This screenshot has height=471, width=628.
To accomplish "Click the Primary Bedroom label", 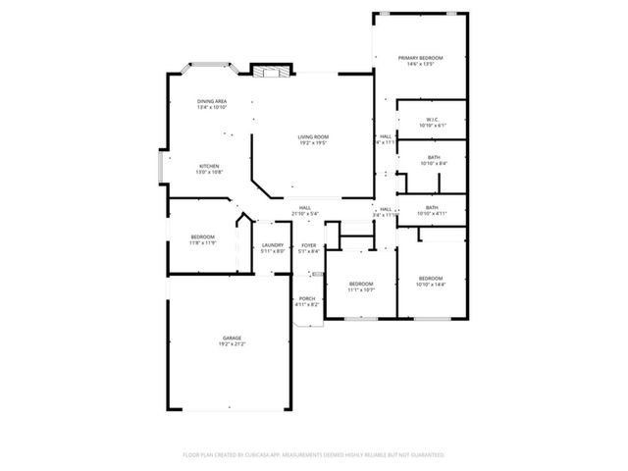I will tap(420, 58).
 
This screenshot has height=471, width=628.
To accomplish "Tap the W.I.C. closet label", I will tap(432, 120).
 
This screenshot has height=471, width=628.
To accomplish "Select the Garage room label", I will tap(232, 339).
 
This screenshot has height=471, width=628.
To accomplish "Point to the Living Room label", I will tap(313, 136).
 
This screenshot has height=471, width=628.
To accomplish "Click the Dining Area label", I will tap(212, 101).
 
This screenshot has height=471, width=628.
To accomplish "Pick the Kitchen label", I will tap(210, 166).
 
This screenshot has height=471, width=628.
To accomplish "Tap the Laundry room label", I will tap(273, 245).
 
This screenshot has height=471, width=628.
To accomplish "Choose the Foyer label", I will tap(309, 245).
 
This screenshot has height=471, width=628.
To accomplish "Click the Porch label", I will tap(307, 298).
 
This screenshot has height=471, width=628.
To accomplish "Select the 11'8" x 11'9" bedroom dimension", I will tap(202, 242).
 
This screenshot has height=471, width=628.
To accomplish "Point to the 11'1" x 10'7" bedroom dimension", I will tap(362, 290).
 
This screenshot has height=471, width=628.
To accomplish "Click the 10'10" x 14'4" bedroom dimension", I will tap(431, 285).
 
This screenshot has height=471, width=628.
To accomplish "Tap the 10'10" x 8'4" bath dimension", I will tap(433, 163).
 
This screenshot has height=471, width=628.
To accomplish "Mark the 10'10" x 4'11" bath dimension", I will tap(432, 213).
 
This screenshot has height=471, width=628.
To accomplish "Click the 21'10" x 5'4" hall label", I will tap(305, 213).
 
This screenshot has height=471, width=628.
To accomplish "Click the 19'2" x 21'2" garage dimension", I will tap(232, 344).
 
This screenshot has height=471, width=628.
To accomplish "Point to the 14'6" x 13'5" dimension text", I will tap(420, 64).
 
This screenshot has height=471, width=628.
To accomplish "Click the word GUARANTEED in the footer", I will tap(426, 455).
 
